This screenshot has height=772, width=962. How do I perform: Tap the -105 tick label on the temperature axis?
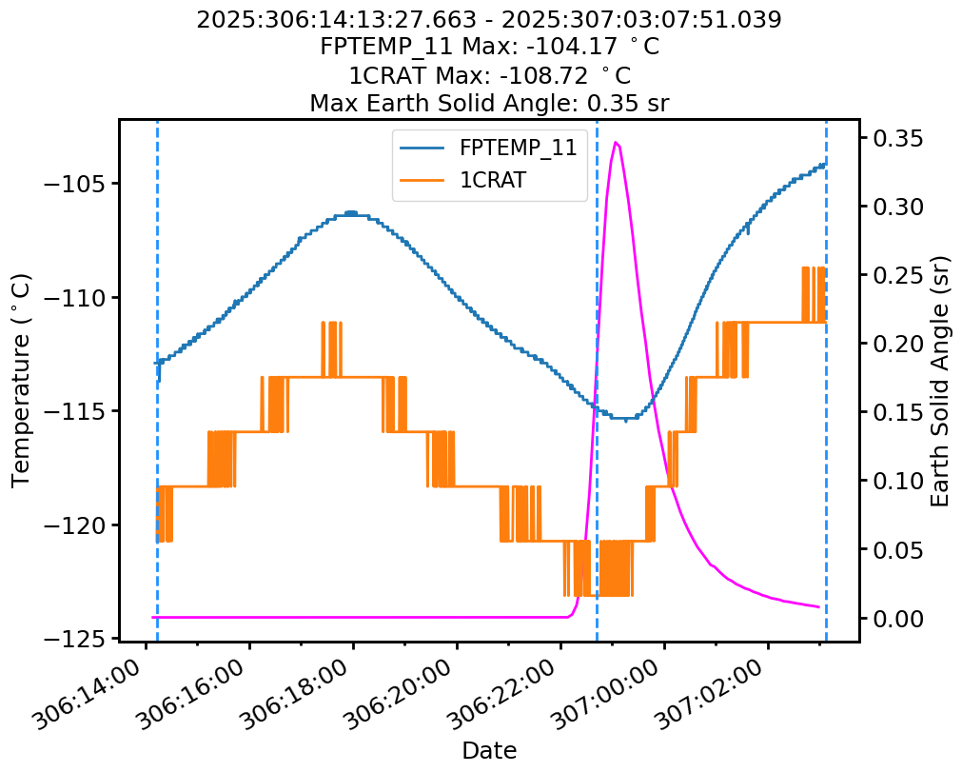pos(71,185)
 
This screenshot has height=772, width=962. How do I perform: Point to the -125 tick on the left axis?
pos(71,638)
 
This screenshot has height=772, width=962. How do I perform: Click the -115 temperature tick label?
pos(71,411)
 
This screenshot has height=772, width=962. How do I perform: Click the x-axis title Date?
pos(489,751)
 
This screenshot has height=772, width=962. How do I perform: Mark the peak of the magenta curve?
pos(617,143)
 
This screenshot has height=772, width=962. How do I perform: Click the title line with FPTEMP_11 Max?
pos(489,47)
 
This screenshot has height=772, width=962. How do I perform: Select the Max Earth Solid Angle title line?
pos(489,103)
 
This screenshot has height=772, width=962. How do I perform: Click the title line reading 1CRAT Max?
pos(489,74)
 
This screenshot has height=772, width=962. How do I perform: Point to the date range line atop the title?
pos(489,19)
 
